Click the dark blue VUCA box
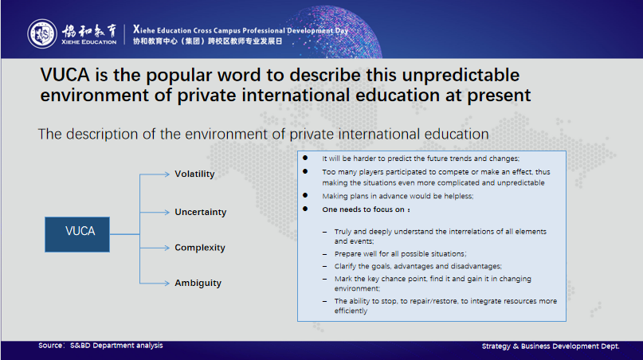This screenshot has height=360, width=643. pos(77,234)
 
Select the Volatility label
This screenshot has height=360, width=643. pos(194,174)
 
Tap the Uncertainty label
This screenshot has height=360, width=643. pos(201,212)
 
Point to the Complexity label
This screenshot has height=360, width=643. pos(200,248)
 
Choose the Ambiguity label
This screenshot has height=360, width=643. pos(198,283)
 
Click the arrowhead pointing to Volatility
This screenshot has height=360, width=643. pos(167,174)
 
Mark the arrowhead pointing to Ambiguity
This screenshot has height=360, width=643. pos(167,283)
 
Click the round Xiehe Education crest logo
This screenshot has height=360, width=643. pos(42,33)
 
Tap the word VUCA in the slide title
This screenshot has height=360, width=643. pos(65,75)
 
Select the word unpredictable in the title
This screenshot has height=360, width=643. pos(461,76)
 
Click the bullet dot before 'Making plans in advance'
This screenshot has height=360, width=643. pos(305,196)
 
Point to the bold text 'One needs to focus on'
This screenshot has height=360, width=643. pos(363,209)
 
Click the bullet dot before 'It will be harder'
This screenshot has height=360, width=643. pos(305,158)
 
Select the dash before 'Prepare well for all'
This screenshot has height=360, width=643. pos(325,254)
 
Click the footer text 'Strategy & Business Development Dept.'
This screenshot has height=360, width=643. pos(551,346)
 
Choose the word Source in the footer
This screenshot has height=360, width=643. pos(50,345)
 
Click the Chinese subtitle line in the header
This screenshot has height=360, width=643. pos(207,41)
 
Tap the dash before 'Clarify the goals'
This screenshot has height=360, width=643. pos(325,267)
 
